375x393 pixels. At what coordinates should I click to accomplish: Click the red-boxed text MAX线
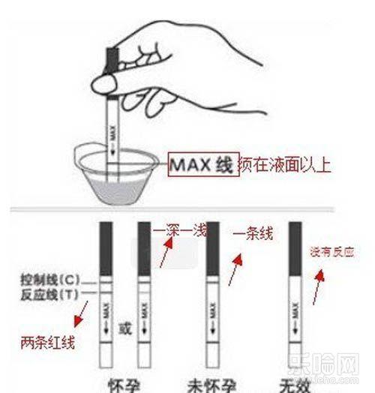pyautogui.click(x=201, y=163)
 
